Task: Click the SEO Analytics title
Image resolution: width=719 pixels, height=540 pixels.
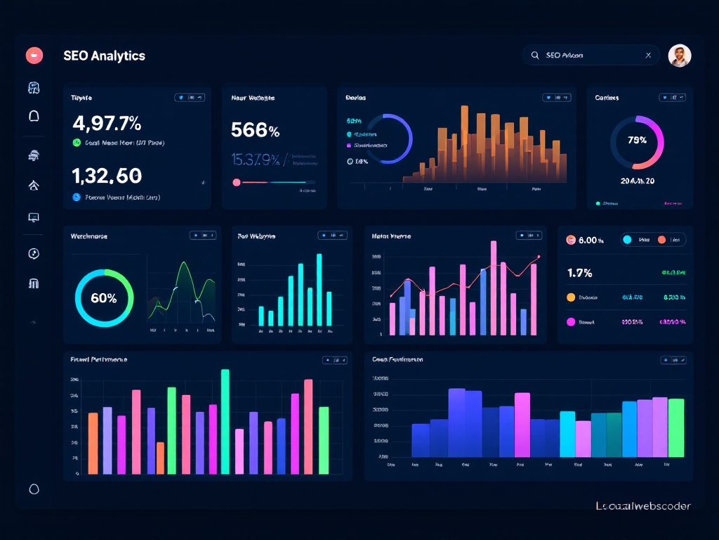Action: pos(104,56)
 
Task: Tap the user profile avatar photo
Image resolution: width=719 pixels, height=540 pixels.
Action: pos(679,56)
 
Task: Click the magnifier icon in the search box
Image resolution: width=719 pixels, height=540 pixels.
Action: pos(535,55)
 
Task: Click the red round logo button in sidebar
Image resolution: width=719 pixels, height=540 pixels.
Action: pos(34,55)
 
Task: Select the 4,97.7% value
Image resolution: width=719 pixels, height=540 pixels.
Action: pos(107,123)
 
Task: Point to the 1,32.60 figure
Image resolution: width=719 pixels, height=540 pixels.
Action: pos(107,175)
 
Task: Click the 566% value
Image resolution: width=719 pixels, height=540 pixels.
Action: pos(255,130)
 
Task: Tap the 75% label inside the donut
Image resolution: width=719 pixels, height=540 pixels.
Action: pos(637,140)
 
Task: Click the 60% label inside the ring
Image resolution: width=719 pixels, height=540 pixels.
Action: pos(104,298)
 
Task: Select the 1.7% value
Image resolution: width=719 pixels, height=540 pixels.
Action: pos(579,273)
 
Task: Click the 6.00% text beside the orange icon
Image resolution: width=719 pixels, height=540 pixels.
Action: pos(591,240)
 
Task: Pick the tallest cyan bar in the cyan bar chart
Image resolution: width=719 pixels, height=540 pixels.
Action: pos(319,290)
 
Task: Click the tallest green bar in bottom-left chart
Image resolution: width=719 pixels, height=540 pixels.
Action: pos(225,421)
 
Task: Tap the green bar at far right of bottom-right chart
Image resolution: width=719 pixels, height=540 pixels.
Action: pos(675,427)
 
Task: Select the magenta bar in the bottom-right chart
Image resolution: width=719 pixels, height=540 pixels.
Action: pos(522,425)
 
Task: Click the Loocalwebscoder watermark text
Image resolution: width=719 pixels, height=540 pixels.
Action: pos(642,506)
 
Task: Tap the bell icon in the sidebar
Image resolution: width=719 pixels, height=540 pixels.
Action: pos(34,117)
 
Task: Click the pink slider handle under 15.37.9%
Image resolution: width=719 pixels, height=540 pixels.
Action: pos(237,182)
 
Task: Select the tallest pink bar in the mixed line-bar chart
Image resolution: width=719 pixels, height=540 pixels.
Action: pos(494,288)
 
